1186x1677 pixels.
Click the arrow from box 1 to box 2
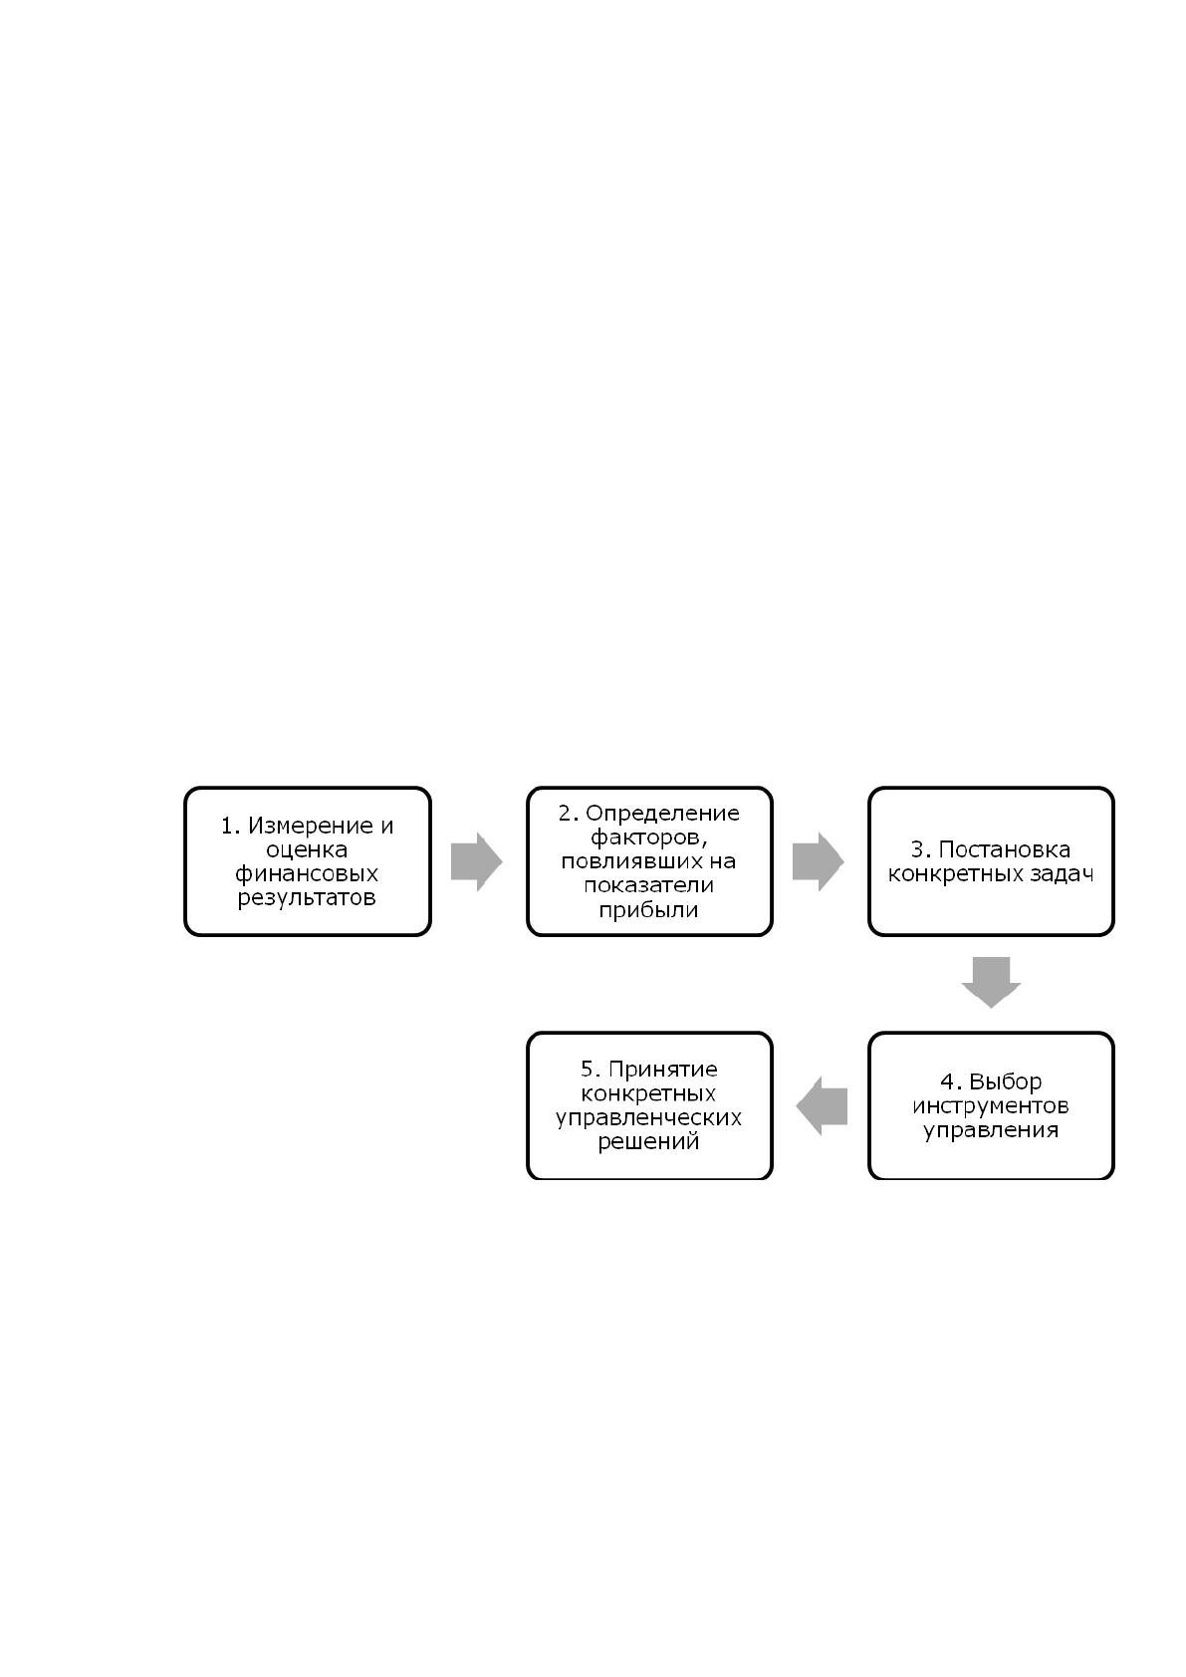[x=476, y=861]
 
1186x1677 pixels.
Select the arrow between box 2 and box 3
[x=819, y=861]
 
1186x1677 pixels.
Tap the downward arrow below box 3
[x=992, y=982]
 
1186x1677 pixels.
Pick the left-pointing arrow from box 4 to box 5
[x=822, y=1105]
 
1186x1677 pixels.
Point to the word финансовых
[x=307, y=873]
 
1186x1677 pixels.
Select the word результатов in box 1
[x=307, y=897]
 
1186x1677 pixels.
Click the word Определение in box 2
[x=662, y=813]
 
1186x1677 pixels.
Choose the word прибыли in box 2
[x=649, y=910]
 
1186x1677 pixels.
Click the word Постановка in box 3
[x=1005, y=849]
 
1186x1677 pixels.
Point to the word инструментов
[x=991, y=1105]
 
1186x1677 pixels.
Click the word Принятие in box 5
[x=662, y=1070]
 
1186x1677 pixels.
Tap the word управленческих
[x=649, y=1117]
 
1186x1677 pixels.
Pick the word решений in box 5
[x=649, y=1141]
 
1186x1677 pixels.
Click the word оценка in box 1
[x=307, y=849]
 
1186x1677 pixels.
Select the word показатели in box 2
[x=649, y=885]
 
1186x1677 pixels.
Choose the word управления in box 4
[x=992, y=1129]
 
